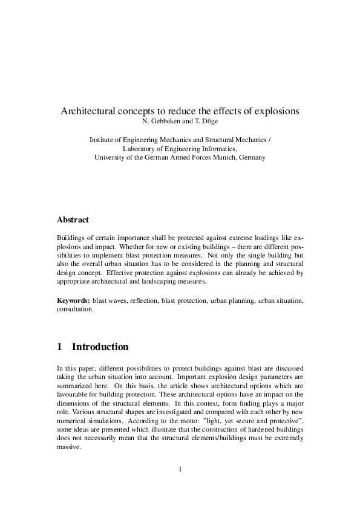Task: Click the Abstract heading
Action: (73, 221)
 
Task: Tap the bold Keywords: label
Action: (73, 300)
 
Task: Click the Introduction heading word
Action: (100, 347)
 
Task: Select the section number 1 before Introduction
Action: (59, 347)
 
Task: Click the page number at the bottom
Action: (180, 468)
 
